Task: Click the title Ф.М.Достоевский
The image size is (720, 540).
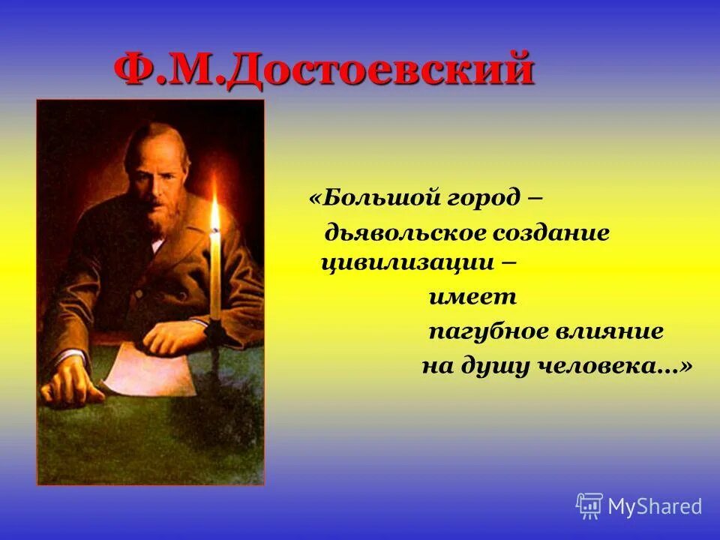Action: click(x=324, y=71)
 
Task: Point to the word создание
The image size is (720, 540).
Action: click(x=550, y=233)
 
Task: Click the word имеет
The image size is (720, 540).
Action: click(x=472, y=297)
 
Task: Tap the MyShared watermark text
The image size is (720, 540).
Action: click(x=655, y=506)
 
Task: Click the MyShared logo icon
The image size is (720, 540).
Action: click(x=589, y=506)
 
